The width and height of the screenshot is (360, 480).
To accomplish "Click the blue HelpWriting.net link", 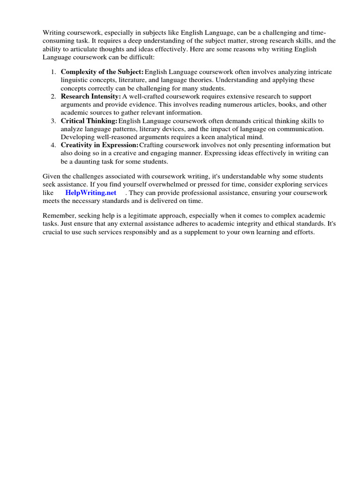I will point(91,193).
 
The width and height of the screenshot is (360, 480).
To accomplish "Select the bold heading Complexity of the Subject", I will point(102,72).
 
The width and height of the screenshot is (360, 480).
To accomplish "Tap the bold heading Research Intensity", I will point(91,97).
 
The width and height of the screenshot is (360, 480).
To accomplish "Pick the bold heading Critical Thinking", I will point(89,120).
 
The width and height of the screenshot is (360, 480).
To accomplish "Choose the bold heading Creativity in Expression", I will point(100,145).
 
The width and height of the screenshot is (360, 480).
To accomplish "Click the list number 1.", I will point(53,72).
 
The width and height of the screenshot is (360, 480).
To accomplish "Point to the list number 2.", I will point(53,97).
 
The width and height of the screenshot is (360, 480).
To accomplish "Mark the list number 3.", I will point(53,120).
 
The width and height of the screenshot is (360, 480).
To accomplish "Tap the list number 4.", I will point(53,145).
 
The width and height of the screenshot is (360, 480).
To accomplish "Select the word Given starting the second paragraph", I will point(52,176).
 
